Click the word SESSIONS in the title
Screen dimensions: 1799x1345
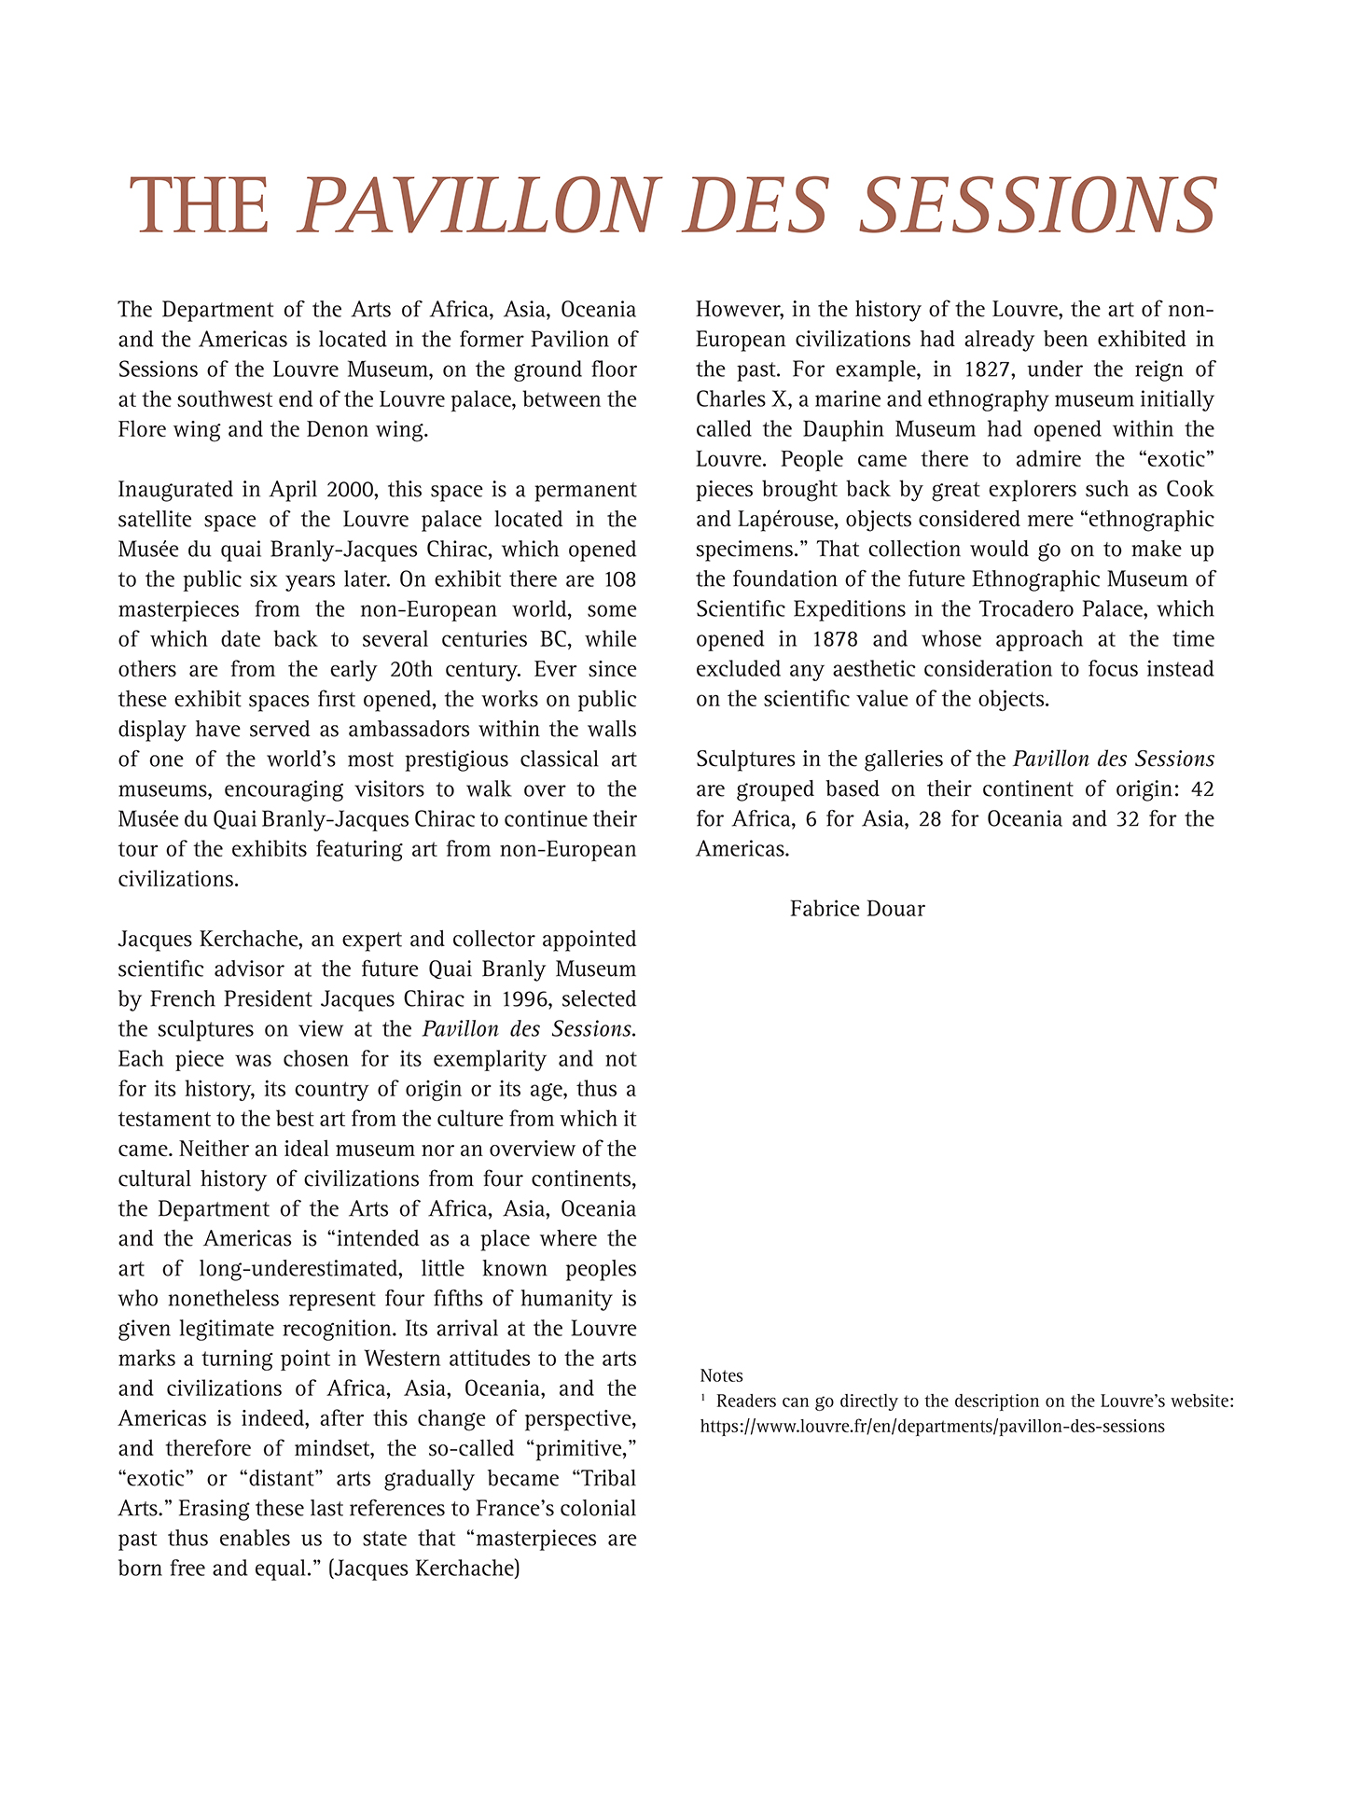click(1037, 206)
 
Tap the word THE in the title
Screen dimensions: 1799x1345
click(199, 206)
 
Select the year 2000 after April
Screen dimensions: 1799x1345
click(349, 489)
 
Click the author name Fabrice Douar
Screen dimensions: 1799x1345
click(857, 909)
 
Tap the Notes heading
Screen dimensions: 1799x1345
click(721, 1375)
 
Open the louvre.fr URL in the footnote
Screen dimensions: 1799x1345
click(932, 1426)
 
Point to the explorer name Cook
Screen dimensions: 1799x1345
click(1190, 489)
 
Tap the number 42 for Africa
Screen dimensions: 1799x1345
click(1202, 789)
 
